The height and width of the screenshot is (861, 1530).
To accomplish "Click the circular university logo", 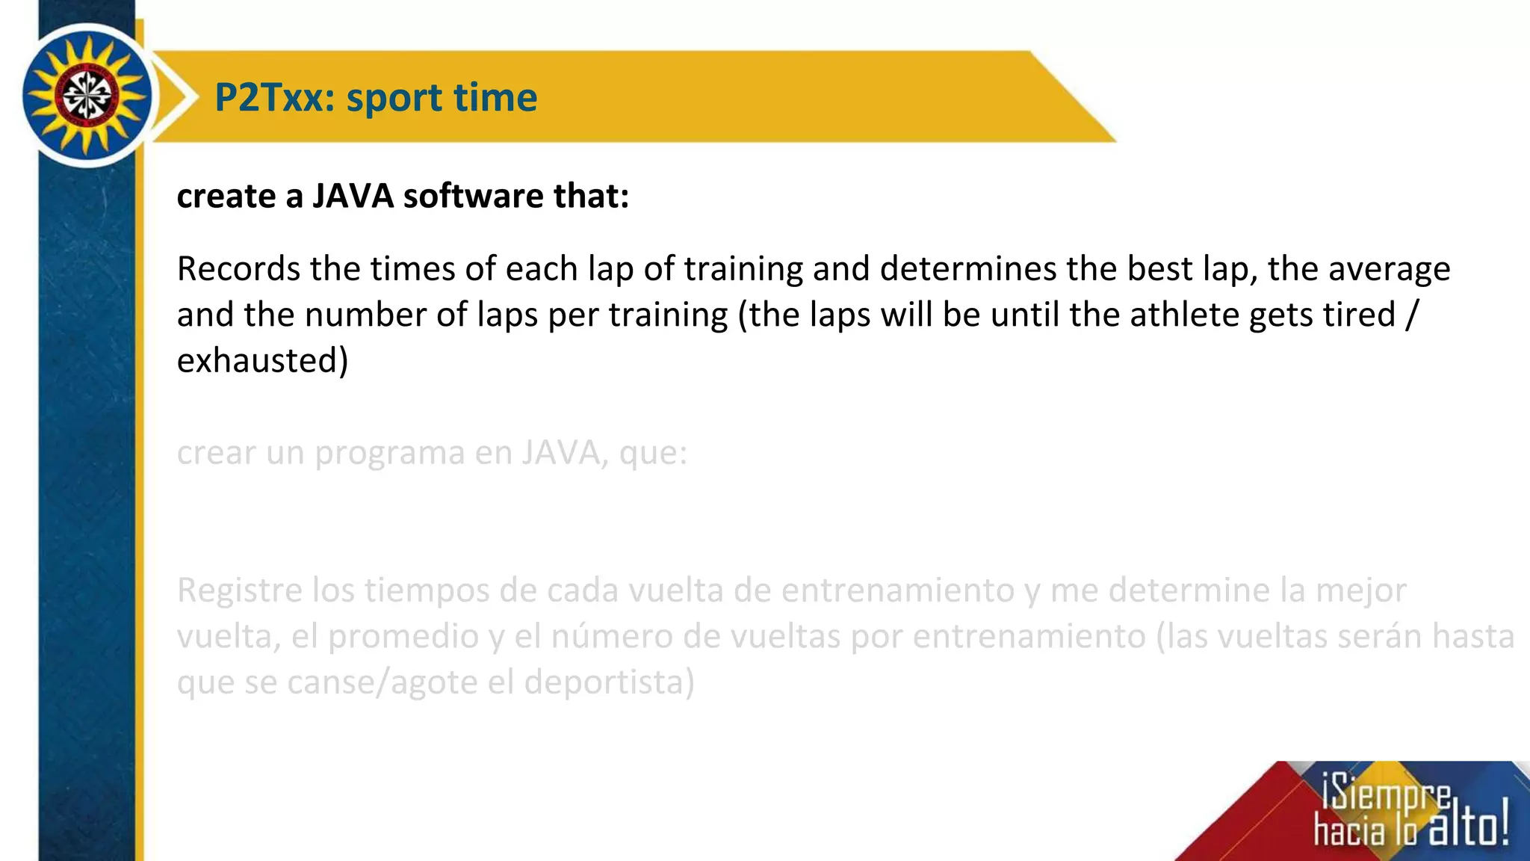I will point(87,96).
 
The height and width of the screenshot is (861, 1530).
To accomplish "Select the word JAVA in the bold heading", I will point(353,196).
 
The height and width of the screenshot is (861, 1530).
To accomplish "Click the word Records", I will point(238,269).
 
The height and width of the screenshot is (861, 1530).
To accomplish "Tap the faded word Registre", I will point(239,591).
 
